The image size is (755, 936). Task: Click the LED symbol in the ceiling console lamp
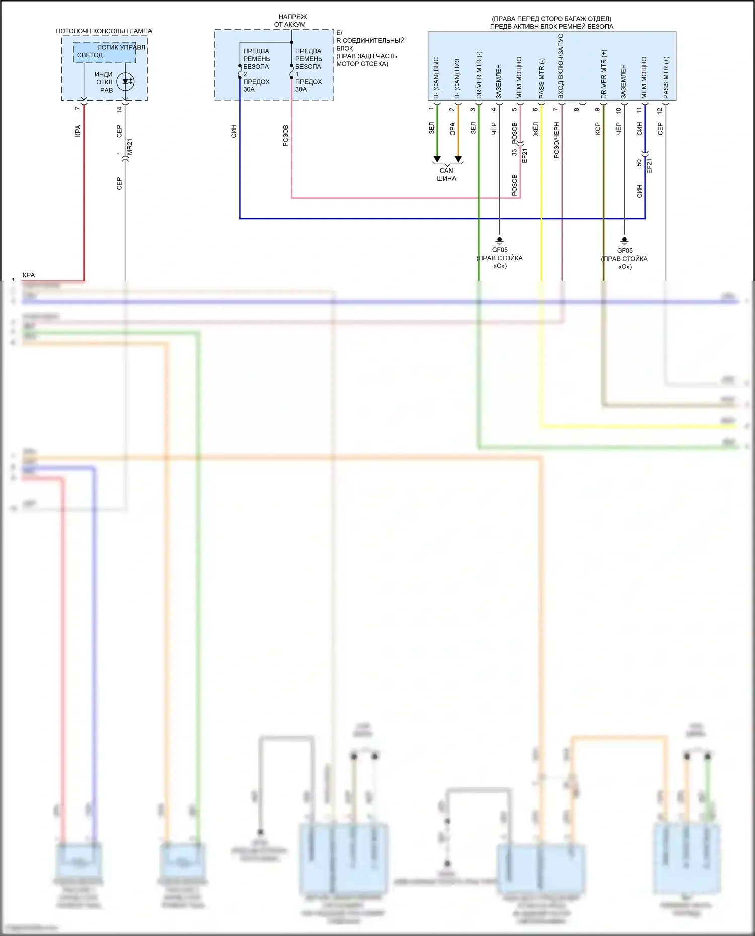pos(125,81)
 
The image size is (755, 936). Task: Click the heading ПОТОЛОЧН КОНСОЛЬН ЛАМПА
pos(104,31)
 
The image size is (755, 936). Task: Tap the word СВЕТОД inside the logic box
pos(90,55)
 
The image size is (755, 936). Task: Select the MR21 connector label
pos(130,147)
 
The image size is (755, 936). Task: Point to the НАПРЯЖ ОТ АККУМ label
pos(290,21)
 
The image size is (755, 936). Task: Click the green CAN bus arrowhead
pos(437,160)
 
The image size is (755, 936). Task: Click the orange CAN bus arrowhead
pos(458,160)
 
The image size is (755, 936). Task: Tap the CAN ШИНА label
pos(446,175)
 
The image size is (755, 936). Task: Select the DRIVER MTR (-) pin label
pos(479,75)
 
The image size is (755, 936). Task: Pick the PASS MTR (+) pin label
pos(666,77)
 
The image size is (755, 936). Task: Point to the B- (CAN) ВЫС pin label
pos(436,77)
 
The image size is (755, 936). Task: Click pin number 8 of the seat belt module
pos(577,109)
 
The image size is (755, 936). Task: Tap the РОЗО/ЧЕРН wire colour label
pos(556,140)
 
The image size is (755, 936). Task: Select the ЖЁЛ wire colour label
pos(536,129)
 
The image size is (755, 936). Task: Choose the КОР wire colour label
pos(598,129)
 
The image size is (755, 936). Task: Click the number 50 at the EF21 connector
pos(639,163)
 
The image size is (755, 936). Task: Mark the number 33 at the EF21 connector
pos(514,152)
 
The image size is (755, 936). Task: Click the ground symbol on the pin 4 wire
pos(499,240)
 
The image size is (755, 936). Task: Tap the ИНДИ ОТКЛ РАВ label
pos(104,82)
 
